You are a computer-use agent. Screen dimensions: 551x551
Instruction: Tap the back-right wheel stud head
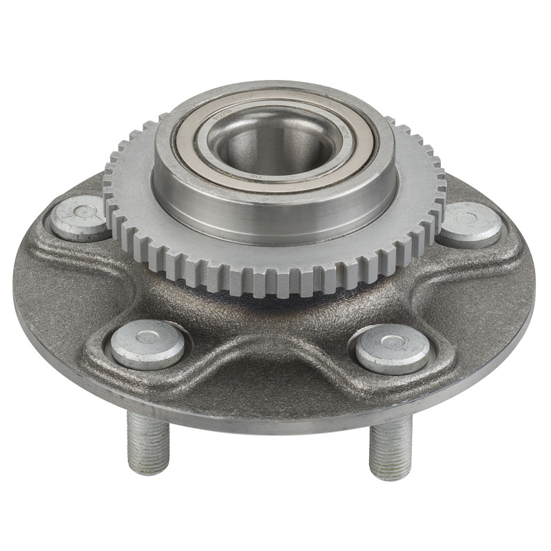(470, 224)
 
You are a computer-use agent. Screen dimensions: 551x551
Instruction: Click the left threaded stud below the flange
(147, 441)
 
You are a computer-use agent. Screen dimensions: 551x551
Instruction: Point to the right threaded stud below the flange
(390, 448)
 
